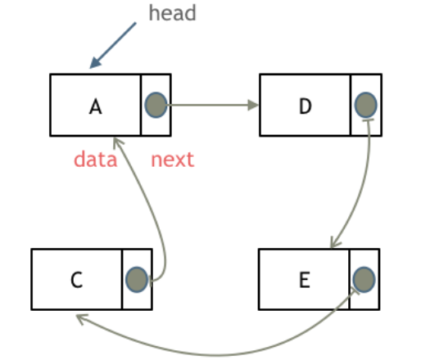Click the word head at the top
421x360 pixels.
pos(173,14)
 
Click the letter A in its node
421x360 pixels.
pos(96,106)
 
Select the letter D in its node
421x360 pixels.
pos(306,106)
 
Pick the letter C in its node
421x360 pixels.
pos(76,281)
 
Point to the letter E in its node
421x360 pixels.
pos(304,281)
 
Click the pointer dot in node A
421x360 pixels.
pos(156,105)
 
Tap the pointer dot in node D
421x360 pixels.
pos(365,105)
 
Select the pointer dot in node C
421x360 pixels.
pos(137,280)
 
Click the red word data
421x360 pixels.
pos(95,159)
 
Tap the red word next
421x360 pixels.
pos(173,159)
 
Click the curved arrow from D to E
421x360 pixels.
pos(368,180)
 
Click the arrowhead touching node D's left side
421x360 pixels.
pos(252,105)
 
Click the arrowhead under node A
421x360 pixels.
pos(120,144)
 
